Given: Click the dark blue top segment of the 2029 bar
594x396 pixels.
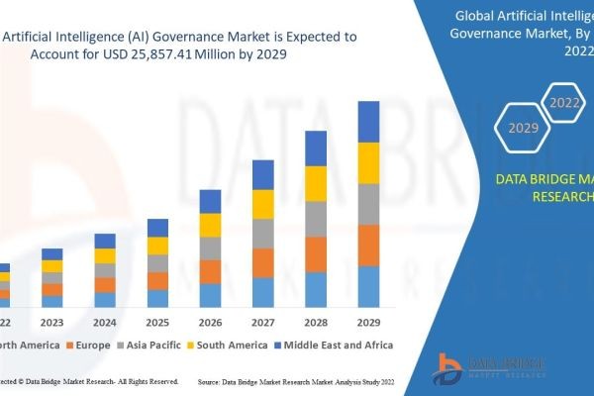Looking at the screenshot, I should [368, 122].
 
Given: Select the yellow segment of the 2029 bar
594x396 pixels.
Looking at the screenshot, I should [368, 163].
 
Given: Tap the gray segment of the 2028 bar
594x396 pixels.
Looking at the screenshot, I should [316, 219].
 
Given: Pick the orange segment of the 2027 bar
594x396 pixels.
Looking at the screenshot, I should [263, 262].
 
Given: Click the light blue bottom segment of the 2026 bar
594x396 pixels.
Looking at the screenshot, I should [211, 295].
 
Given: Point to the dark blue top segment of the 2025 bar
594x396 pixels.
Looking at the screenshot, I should [158, 228].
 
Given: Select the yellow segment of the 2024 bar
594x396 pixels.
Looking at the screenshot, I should [105, 255].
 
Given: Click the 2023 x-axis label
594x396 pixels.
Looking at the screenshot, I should [52, 322].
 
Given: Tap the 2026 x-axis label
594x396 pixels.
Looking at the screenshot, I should [211, 322].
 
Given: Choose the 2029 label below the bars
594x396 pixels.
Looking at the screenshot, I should [368, 322].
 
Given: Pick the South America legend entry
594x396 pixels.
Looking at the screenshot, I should [231, 345].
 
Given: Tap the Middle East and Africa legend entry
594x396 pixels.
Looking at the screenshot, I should [338, 345].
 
